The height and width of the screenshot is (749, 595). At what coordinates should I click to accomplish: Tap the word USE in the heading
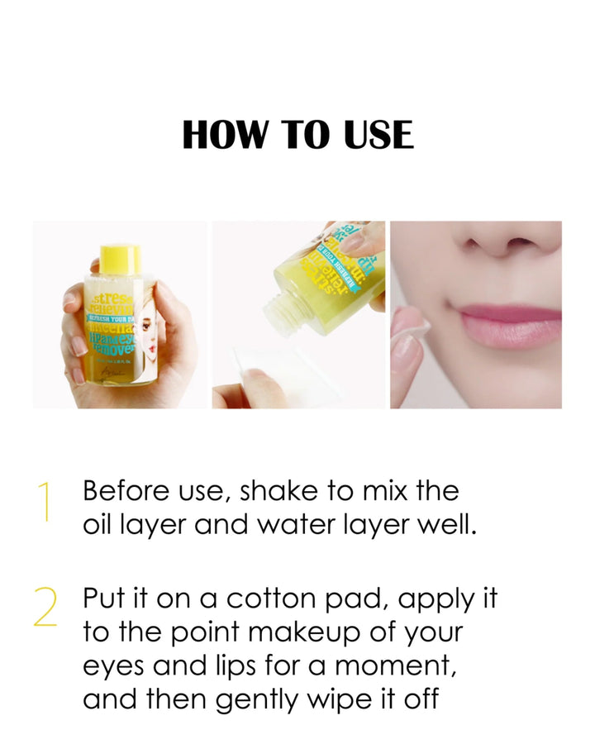(x=374, y=135)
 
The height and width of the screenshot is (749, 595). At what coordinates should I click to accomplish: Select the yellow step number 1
(x=45, y=503)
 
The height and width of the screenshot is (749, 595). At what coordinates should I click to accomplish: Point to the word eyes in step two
(x=112, y=667)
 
